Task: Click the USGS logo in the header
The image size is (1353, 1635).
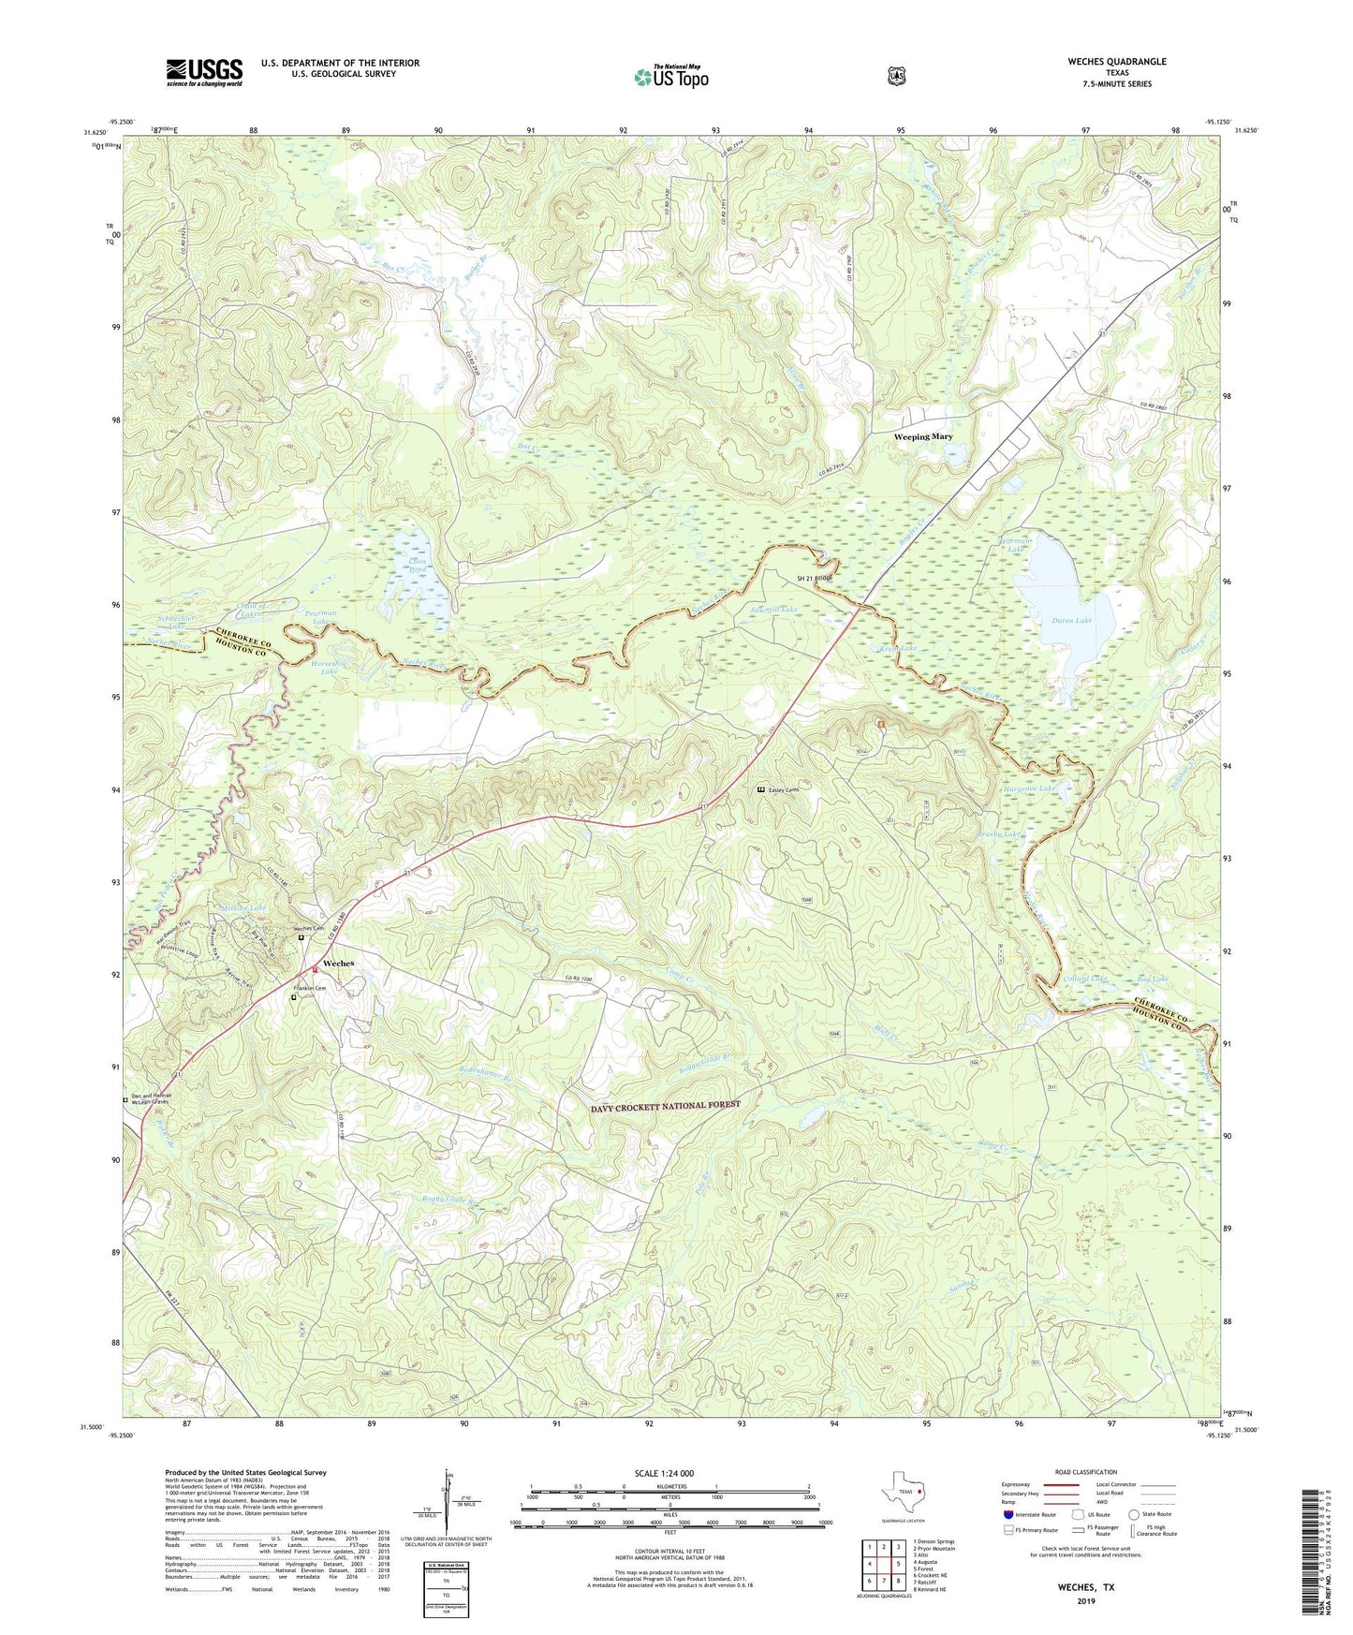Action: coord(204,72)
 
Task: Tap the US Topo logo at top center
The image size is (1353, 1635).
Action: coord(669,77)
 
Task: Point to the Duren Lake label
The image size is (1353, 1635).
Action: coord(1071,620)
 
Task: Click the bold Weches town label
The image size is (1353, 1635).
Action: coord(338,964)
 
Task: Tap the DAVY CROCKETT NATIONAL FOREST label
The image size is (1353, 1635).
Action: coord(665,1105)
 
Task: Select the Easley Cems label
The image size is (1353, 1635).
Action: coord(785,790)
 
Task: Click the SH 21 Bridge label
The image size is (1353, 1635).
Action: coord(814,578)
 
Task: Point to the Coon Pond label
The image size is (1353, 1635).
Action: coord(418,567)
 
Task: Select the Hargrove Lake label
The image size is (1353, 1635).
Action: coord(1029,788)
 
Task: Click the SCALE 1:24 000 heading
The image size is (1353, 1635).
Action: coord(664,1473)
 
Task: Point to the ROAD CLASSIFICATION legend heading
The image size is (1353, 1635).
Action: coord(1086,1472)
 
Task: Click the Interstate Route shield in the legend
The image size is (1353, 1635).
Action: coord(1007,1514)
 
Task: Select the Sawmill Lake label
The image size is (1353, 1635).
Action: coord(773,610)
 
